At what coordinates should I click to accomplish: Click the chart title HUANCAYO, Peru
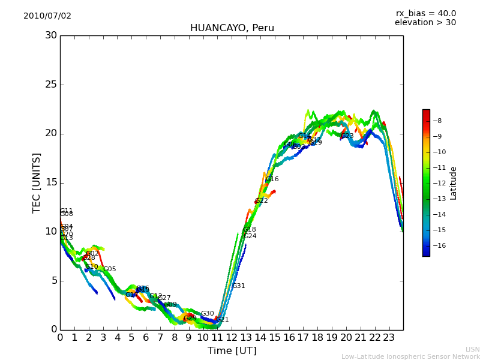pyautogui.click(x=232, y=28)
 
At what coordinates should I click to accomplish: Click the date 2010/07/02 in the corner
pyautogui.click(x=47, y=16)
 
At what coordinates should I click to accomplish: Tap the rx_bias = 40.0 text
pyautogui.click(x=425, y=14)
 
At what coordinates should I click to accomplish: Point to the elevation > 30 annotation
pyautogui.click(x=425, y=23)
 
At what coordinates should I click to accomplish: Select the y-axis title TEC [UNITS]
pyautogui.click(x=37, y=182)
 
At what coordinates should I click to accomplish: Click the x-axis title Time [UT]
pyautogui.click(x=232, y=351)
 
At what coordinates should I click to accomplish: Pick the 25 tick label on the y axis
pyautogui.click(x=50, y=85)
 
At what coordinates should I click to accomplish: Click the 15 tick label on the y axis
pyautogui.click(x=50, y=182)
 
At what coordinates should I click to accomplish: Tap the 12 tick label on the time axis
pyautogui.click(x=232, y=338)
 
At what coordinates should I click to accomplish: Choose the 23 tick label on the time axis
pyautogui.click(x=389, y=338)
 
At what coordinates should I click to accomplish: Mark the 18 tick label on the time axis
pyautogui.click(x=317, y=338)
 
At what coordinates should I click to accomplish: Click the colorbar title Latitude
pyautogui.click(x=454, y=182)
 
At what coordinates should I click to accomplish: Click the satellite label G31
pyautogui.click(x=238, y=286)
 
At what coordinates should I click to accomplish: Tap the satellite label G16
pyautogui.click(x=272, y=179)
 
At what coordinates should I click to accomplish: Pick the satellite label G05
pyautogui.click(x=110, y=269)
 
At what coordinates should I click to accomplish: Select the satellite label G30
pyautogui.click(x=207, y=314)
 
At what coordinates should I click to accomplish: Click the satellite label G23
pyautogui.click(x=347, y=136)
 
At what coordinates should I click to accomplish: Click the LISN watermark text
pyautogui.click(x=472, y=349)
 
